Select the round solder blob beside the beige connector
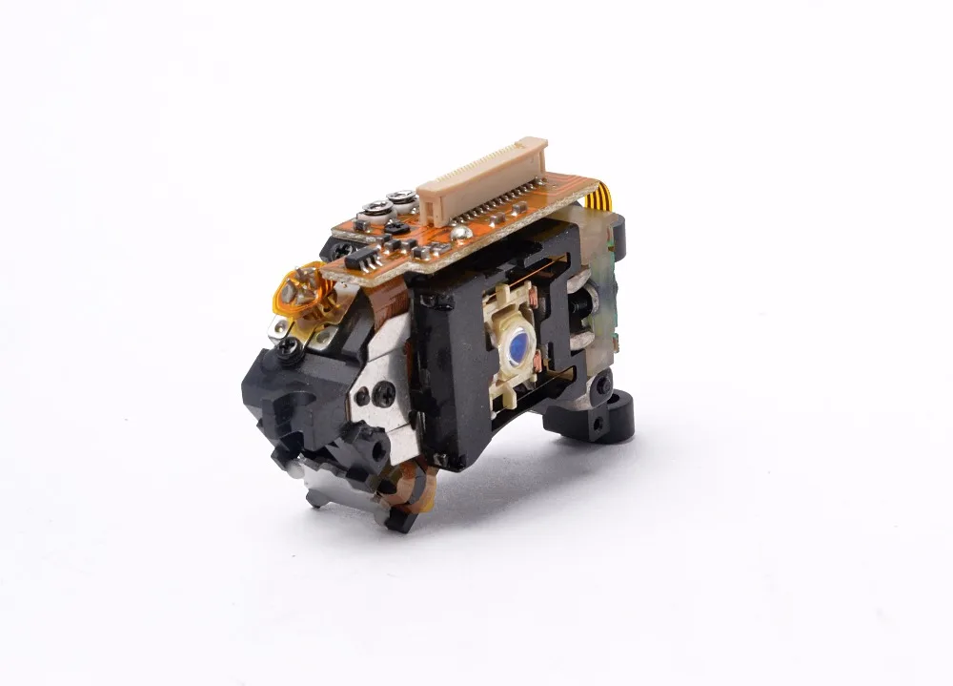[460, 230]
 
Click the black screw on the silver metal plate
[385, 391]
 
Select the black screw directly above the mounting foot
[601, 385]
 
